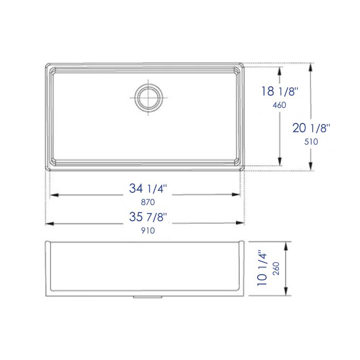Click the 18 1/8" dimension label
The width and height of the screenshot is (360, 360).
coord(280,92)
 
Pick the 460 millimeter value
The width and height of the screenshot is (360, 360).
coord(279,105)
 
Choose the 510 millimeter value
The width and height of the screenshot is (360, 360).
coord(312,142)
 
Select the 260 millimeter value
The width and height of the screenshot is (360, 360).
coord(275,269)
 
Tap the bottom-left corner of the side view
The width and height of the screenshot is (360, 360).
coord(48,295)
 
